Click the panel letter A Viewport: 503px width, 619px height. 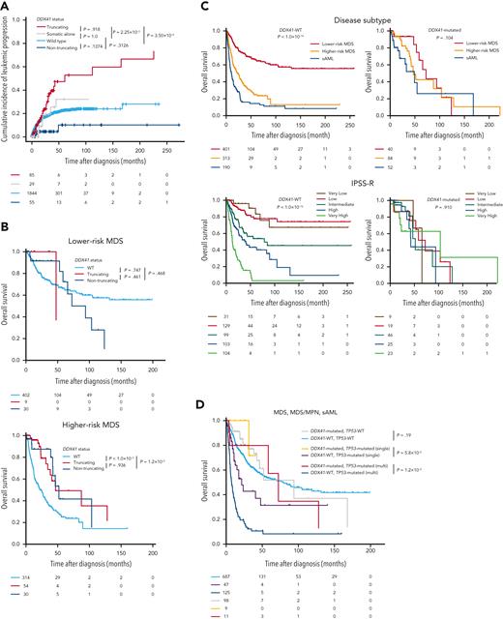point(6,6)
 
